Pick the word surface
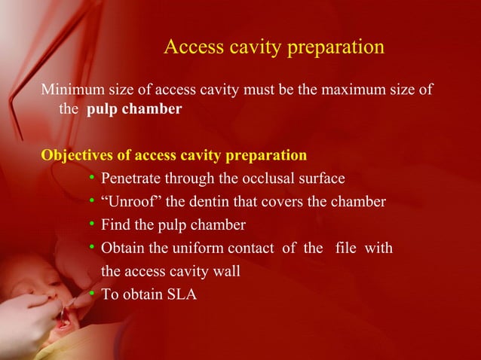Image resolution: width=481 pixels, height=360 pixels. tap(321, 178)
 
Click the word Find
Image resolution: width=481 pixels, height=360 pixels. tap(115, 224)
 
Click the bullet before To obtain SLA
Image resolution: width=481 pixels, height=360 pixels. tap(91, 294)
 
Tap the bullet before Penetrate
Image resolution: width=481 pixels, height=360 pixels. tap(91, 178)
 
